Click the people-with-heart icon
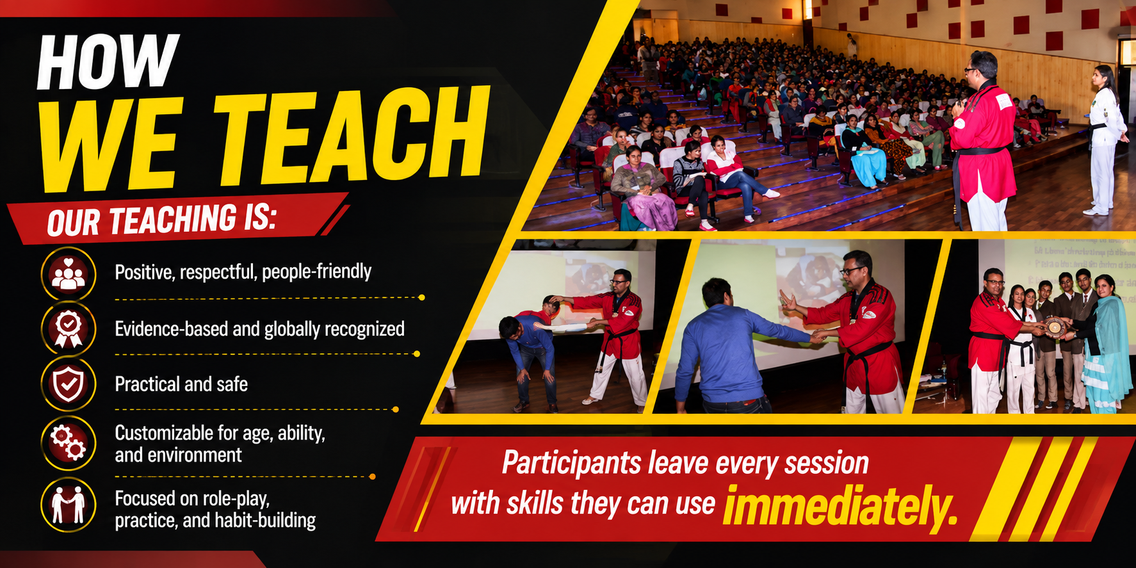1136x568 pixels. [69, 274]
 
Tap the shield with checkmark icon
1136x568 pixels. [69, 384]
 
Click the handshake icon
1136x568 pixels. [69, 505]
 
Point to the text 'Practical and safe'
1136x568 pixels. [181, 384]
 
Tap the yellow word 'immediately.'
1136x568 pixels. [840, 505]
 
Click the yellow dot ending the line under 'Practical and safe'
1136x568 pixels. [396, 409]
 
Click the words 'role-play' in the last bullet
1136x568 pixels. [236, 498]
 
